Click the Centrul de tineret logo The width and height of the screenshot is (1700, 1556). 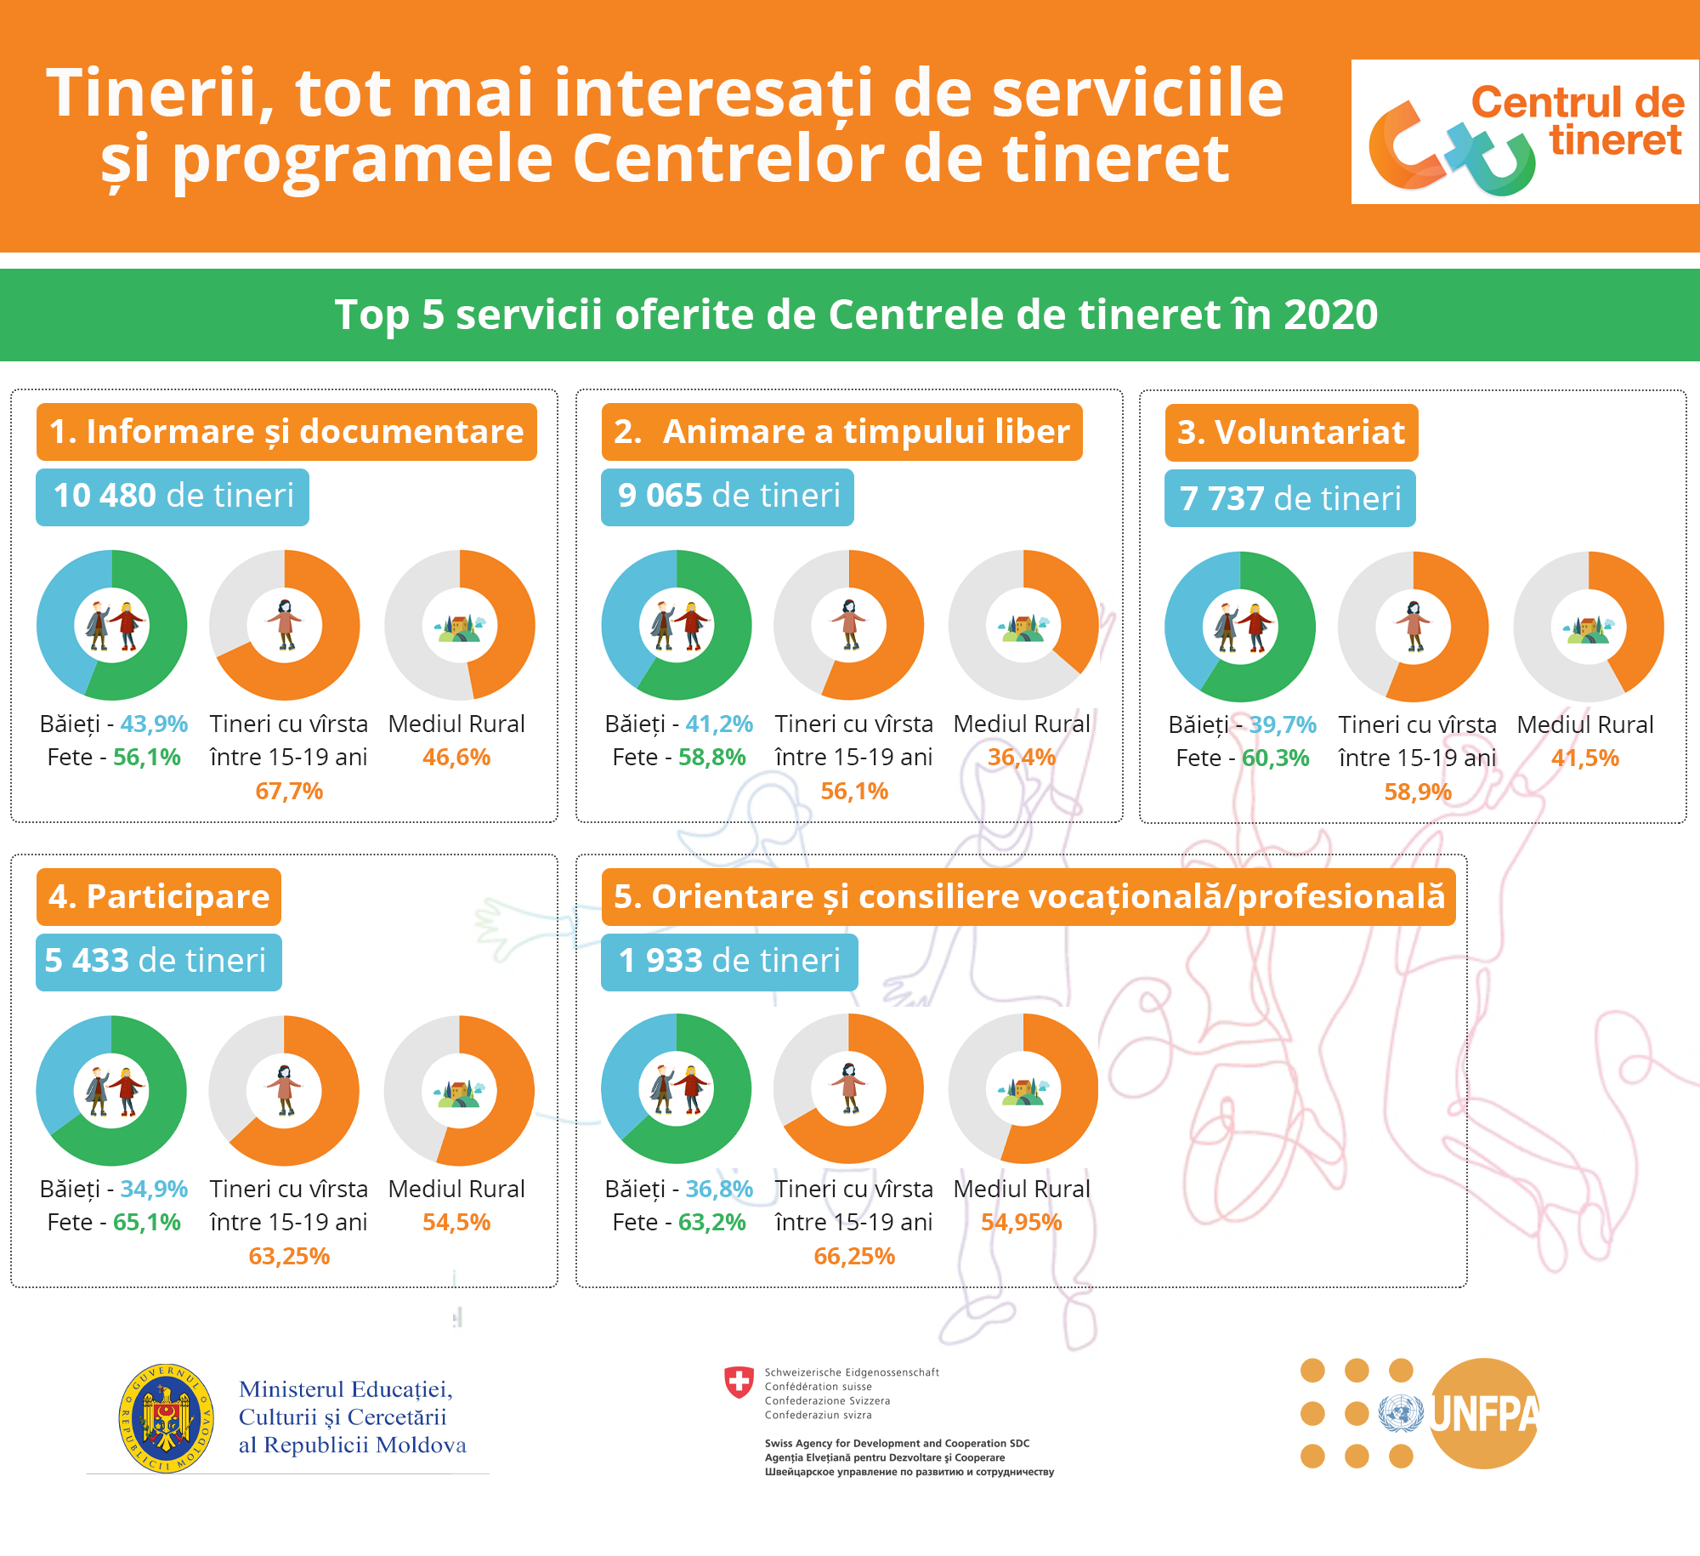click(x=1525, y=132)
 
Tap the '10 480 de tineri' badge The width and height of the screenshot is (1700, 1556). click(x=173, y=497)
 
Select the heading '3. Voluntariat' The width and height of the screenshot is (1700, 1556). click(x=1291, y=433)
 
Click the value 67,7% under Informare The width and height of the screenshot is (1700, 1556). click(x=289, y=792)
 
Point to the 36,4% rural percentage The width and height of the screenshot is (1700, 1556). click(x=1022, y=758)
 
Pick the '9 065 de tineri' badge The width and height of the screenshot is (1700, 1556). click(x=728, y=497)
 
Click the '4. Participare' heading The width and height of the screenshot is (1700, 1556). click(x=159, y=897)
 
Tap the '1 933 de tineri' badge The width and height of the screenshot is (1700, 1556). click(x=729, y=962)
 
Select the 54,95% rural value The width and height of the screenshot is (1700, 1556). click(x=1022, y=1223)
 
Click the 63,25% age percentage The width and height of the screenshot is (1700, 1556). click(x=289, y=1257)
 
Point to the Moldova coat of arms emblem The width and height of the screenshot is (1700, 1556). click(x=167, y=1418)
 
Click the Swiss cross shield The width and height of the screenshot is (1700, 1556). click(x=739, y=1383)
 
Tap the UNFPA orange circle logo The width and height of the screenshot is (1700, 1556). click(x=1484, y=1413)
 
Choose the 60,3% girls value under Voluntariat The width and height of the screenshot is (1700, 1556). click(x=1276, y=758)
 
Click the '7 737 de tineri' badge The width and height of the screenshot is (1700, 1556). click(x=1290, y=498)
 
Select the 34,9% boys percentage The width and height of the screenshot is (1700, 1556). click(x=154, y=1190)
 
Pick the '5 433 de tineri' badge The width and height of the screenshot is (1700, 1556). click(x=159, y=962)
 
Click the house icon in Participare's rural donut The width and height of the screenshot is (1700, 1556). click(x=459, y=1091)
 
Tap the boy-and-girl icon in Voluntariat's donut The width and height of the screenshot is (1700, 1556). click(x=1240, y=628)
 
